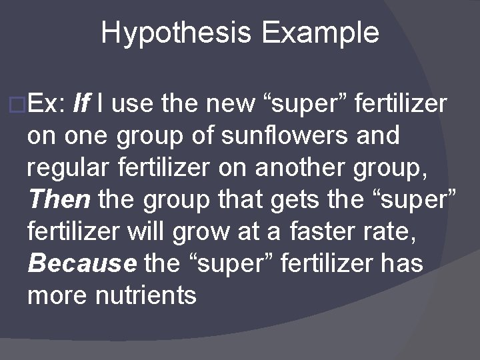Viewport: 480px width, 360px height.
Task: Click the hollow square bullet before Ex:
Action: coord(19,105)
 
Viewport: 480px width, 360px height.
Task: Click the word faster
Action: coord(327,231)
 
